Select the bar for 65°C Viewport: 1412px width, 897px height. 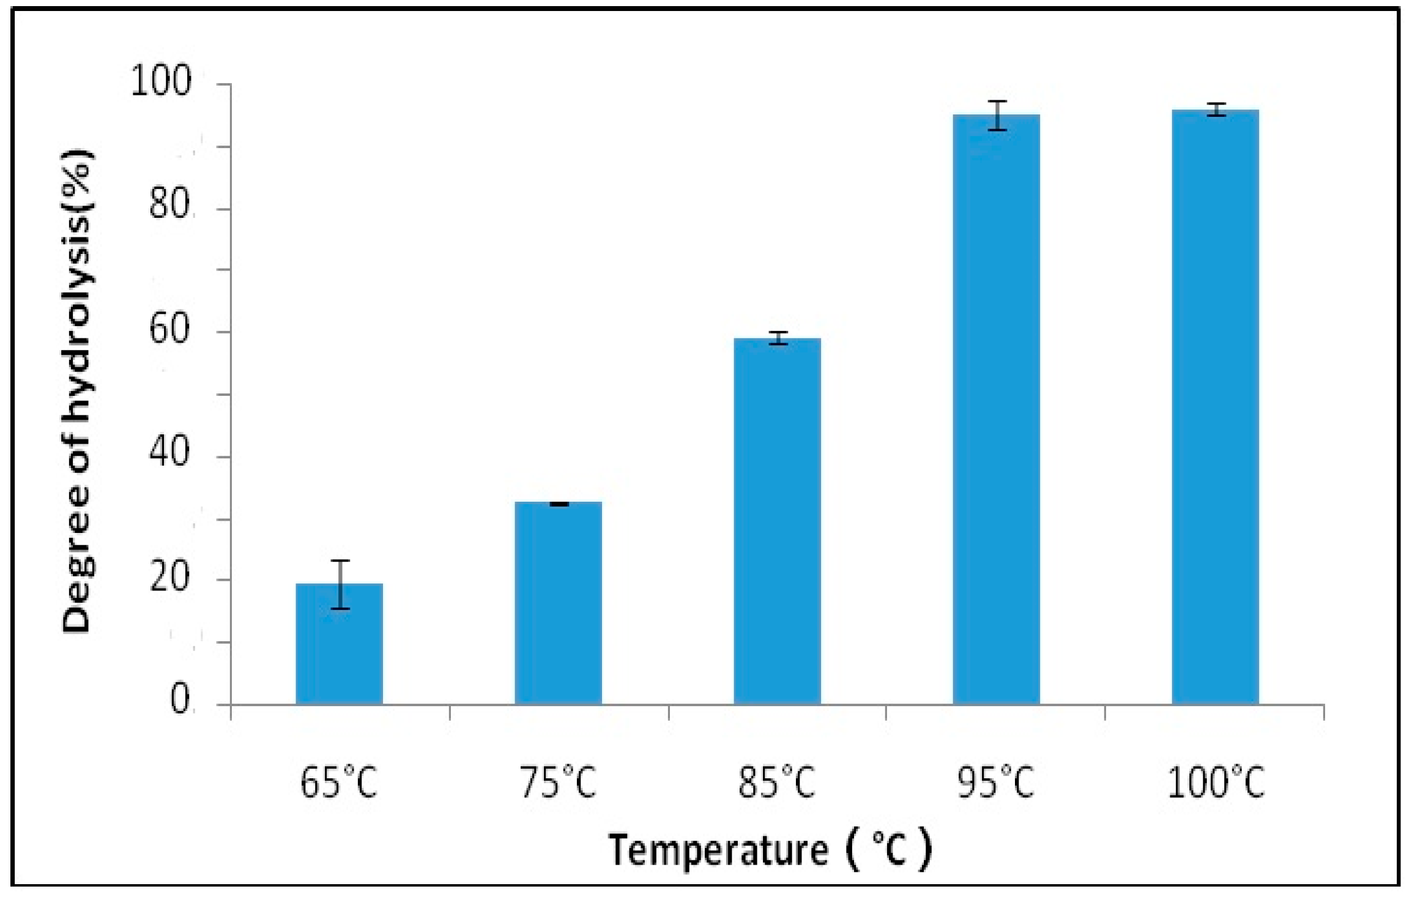pyautogui.click(x=340, y=646)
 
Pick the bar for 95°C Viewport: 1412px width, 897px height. pyautogui.click(x=996, y=410)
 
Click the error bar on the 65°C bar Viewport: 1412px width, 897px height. pyautogui.click(x=340, y=584)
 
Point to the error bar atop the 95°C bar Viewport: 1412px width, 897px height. pyautogui.click(x=997, y=116)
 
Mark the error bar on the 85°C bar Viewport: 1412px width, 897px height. pyautogui.click(x=778, y=338)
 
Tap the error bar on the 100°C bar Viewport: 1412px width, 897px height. pyautogui.click(x=1216, y=110)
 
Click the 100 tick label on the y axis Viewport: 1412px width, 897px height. pyautogui.click(x=162, y=82)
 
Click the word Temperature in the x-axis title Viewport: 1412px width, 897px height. pyautogui.click(x=718, y=851)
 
